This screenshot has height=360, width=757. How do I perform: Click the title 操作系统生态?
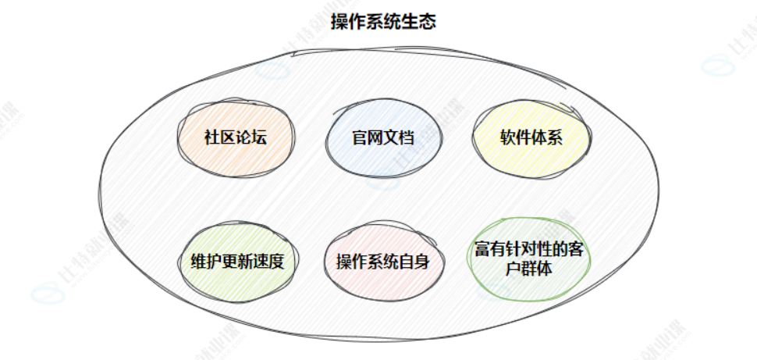click(x=383, y=22)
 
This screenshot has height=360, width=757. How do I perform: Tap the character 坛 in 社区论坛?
click(x=260, y=138)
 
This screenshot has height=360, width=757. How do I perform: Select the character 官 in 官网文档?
click(x=359, y=138)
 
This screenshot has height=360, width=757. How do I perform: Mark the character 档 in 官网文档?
click(x=406, y=138)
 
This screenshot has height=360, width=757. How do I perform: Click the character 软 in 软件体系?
click(x=507, y=138)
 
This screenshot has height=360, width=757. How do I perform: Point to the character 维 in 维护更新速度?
click(x=197, y=262)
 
